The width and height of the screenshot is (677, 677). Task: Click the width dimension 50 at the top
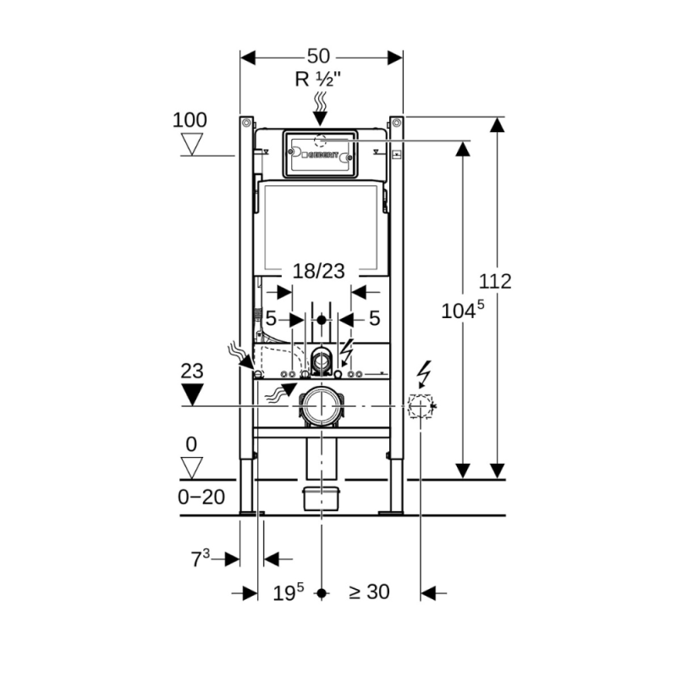[318, 57]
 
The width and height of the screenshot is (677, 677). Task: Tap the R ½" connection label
[318, 80]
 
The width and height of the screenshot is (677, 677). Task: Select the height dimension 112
[495, 281]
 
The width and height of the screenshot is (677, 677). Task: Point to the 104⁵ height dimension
[462, 311]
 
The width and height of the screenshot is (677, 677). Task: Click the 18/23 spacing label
[318, 271]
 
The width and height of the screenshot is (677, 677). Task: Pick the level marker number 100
[190, 119]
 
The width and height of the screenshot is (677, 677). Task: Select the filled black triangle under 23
[194, 394]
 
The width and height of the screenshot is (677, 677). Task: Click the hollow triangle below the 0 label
[194, 467]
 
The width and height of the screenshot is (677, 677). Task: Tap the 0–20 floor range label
[201, 498]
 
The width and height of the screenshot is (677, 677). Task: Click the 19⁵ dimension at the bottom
[288, 592]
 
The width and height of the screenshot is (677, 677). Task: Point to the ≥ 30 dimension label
[369, 592]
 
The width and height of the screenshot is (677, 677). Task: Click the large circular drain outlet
[321, 407]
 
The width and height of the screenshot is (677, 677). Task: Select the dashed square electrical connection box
[419, 407]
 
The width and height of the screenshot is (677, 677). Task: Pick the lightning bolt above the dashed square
[425, 372]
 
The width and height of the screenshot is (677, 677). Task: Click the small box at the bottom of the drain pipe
[321, 498]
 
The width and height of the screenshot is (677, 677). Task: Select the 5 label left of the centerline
[271, 319]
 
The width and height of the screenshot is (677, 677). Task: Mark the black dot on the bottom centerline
[321, 593]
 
